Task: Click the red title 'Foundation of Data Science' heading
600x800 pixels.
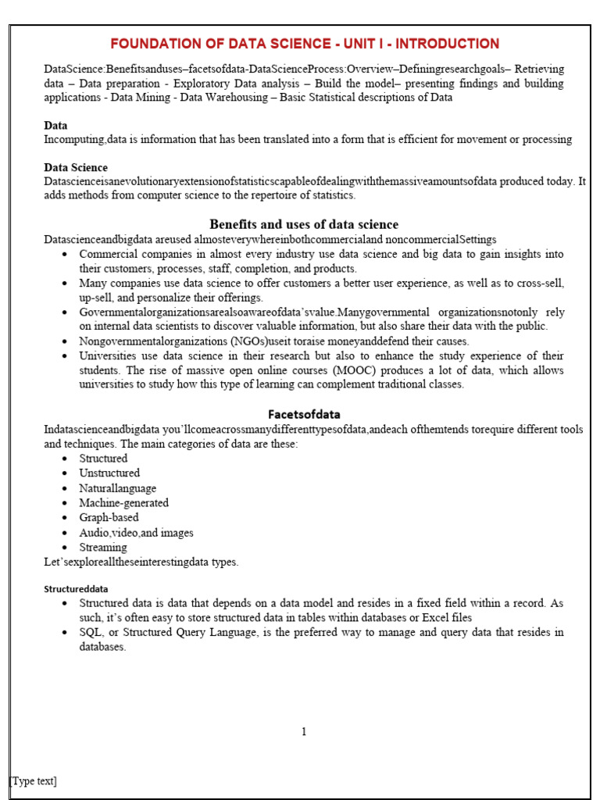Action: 304,44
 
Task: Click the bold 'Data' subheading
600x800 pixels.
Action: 55,125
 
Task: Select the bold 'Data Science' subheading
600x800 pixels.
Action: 76,167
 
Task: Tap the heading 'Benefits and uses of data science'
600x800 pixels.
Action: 304,224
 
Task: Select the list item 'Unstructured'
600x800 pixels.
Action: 109,473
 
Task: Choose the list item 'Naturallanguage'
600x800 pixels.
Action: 117,488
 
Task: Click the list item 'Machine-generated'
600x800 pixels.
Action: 123,503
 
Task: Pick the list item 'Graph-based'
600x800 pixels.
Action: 109,517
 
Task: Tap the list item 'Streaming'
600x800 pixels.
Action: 102,547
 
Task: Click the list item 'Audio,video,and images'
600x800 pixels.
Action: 136,533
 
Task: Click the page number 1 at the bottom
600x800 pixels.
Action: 304,731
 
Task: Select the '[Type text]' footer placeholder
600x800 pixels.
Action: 33,780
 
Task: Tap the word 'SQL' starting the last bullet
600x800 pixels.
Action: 91,632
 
